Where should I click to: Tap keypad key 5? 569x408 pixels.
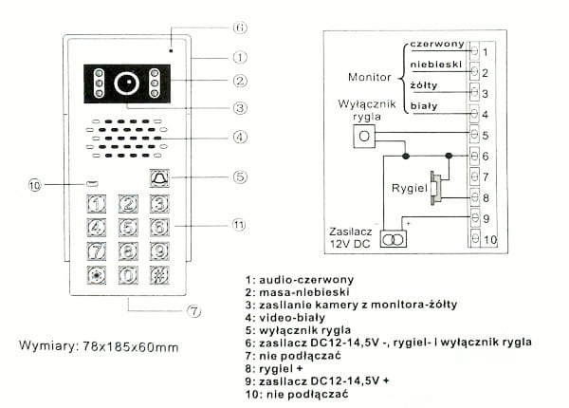click(x=129, y=228)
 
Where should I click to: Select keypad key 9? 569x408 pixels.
click(x=159, y=251)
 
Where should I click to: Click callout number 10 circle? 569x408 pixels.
click(x=35, y=187)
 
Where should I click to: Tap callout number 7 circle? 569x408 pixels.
click(x=193, y=309)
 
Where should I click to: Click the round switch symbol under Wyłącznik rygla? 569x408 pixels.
click(x=364, y=138)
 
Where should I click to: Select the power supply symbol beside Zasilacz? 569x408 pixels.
click(x=394, y=239)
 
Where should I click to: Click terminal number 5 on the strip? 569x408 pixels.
click(x=485, y=136)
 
